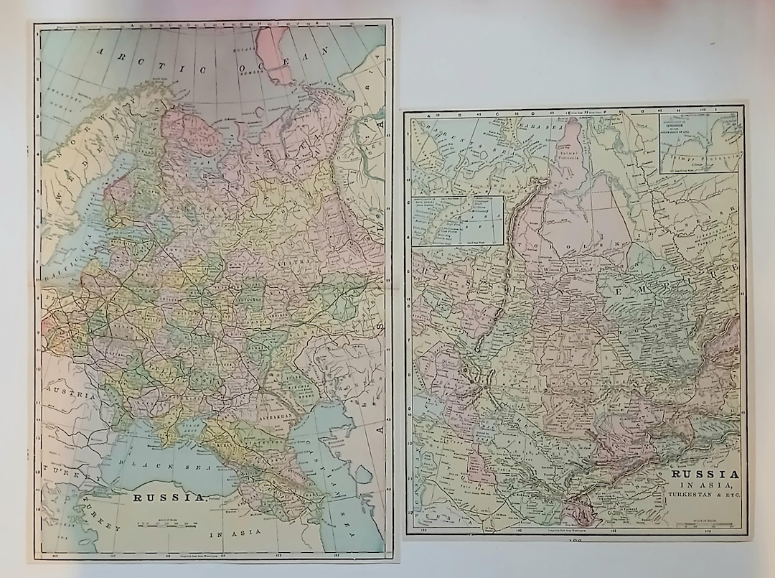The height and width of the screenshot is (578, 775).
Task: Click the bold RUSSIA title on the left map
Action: click(x=170, y=497)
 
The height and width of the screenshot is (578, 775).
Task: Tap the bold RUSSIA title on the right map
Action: click(x=704, y=474)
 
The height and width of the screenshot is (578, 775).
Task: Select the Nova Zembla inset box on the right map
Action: click(x=456, y=220)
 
